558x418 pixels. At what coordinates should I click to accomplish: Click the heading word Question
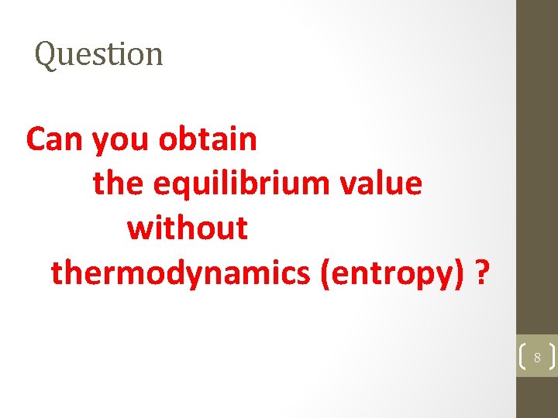coord(99,54)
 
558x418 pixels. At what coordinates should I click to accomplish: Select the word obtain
coord(207,140)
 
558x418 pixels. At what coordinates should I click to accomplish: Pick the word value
coord(384,184)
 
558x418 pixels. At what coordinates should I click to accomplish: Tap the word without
coord(188,228)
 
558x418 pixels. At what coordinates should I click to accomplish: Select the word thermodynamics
coord(181,273)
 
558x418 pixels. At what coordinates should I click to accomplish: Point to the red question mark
coord(482,273)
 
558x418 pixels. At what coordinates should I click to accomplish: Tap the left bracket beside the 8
coord(522,358)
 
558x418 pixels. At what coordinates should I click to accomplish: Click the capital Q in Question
coord(46,55)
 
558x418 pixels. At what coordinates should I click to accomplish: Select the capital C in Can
coord(36,140)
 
